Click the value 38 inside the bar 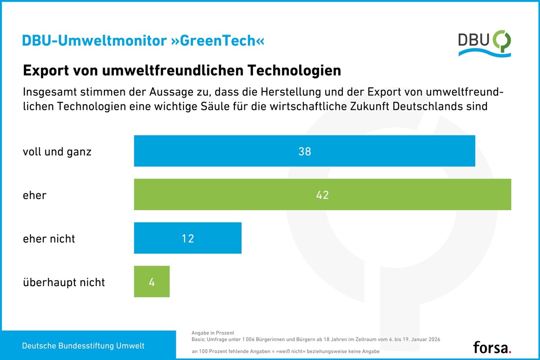(x=305, y=152)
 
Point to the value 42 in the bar (x=322, y=195)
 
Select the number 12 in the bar (x=188, y=238)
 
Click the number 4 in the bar (x=152, y=282)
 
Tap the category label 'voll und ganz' (x=57, y=152)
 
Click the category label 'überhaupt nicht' (x=64, y=282)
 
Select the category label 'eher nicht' (x=49, y=238)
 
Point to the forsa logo (x=492, y=347)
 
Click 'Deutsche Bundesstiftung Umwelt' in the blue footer (x=84, y=346)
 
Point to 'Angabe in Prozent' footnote (x=212, y=333)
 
